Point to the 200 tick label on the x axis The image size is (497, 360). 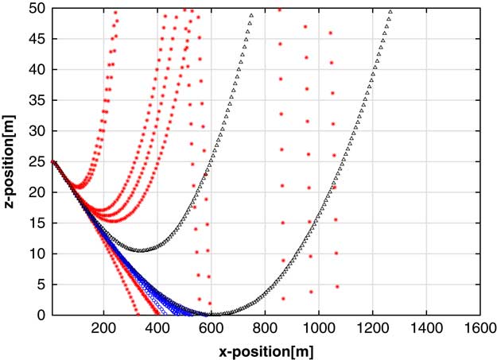[103, 327]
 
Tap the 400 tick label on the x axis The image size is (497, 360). [157, 327]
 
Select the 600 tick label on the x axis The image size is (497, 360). [212, 327]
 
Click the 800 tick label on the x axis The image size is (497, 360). [265, 327]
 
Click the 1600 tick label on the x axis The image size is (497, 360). [480, 327]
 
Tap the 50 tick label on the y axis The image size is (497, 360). [38, 8]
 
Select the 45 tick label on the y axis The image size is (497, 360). [38, 39]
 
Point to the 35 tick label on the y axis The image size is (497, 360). [38, 100]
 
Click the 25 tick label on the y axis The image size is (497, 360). [38, 161]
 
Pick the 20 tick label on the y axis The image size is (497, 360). [38, 192]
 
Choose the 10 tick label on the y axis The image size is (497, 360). [38, 254]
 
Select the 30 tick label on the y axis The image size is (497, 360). [38, 130]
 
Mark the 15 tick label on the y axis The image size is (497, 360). [38, 223]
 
